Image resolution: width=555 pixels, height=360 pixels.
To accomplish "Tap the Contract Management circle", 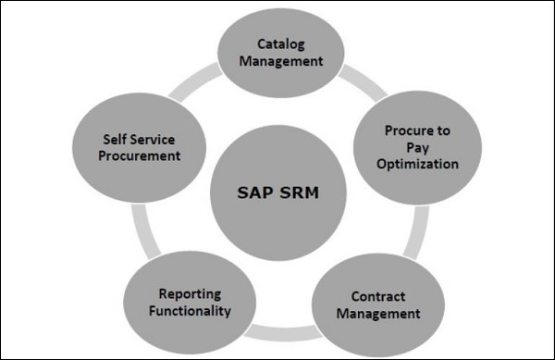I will pos(386,305).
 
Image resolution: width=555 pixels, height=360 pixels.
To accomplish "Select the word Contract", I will pos(386,297).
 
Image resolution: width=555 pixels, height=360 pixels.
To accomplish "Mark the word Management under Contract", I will pos(386,314).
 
